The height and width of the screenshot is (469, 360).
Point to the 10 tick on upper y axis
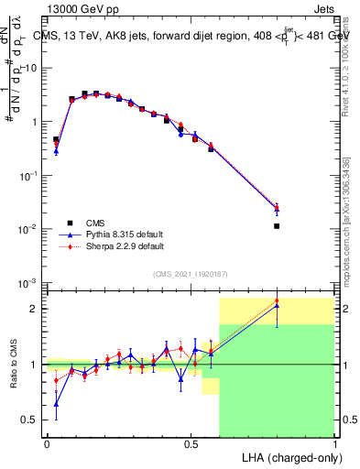pyautogui.click(x=32, y=68)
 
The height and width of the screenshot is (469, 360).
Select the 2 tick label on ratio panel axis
pyautogui.click(x=36, y=309)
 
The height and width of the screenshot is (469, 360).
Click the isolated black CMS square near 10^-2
pyautogui.click(x=277, y=225)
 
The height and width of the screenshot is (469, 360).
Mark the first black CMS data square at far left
pyautogui.click(x=56, y=140)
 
